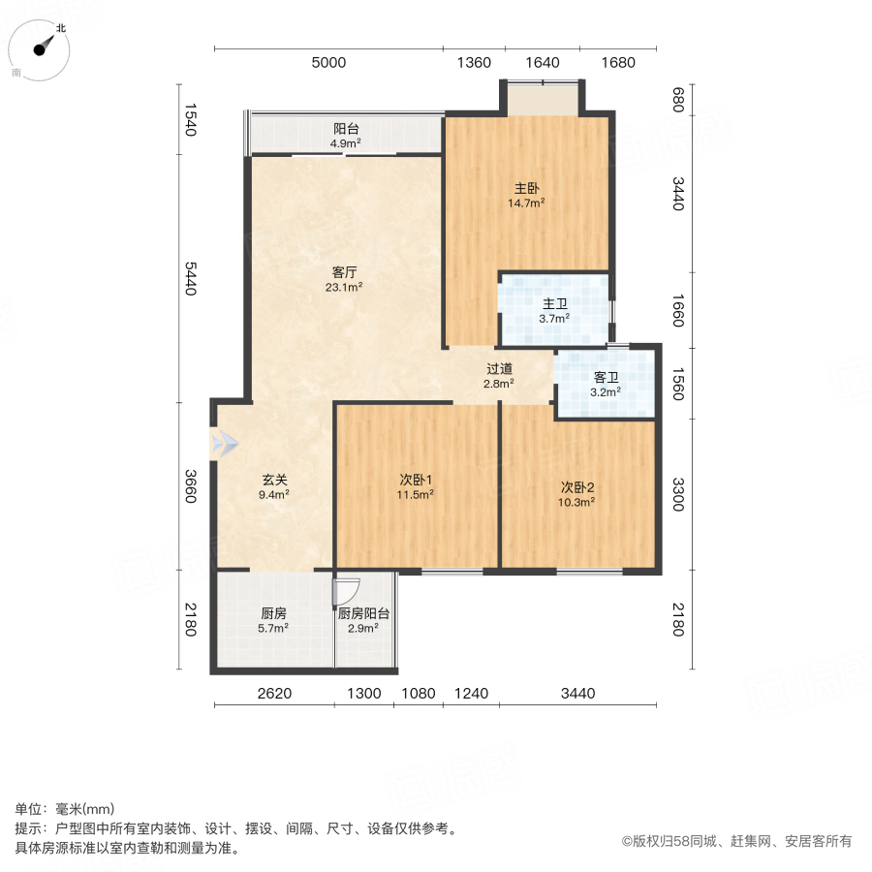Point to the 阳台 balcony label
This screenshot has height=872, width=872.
tap(346, 129)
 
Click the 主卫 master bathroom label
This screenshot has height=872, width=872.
tap(554, 304)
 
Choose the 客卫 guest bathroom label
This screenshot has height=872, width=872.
tap(606, 378)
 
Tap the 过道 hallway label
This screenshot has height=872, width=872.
tap(499, 369)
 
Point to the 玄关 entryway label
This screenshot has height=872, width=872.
tap(274, 480)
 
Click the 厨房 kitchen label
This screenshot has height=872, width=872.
tap(274, 613)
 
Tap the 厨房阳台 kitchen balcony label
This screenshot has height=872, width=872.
tap(363, 613)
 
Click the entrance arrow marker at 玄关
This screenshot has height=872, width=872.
tap(224, 443)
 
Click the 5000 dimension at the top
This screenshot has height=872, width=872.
tap(327, 63)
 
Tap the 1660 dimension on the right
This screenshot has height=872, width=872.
tap(678, 311)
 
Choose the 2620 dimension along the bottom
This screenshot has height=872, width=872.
tap(274, 693)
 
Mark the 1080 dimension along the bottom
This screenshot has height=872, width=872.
tap(419, 693)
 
